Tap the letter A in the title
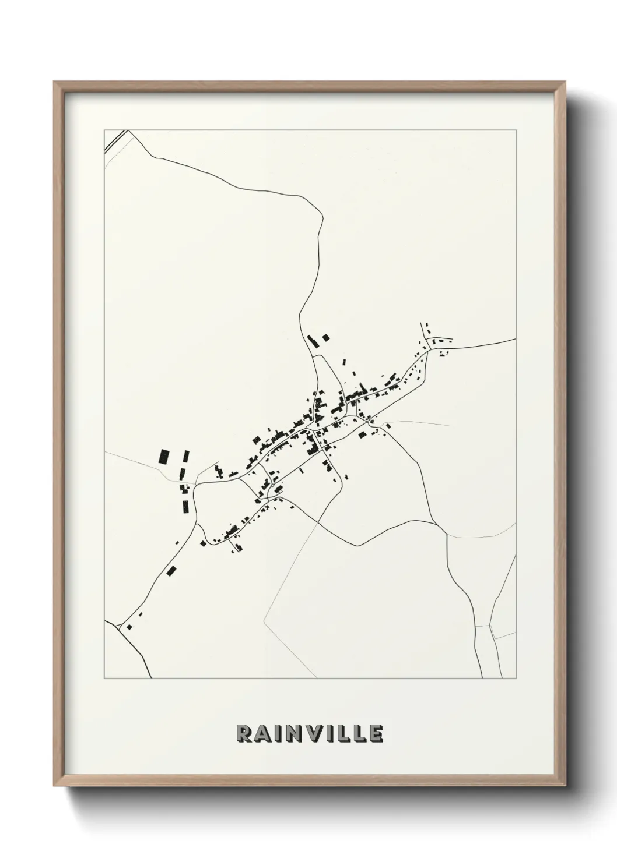point(264,734)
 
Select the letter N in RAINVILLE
point(297,734)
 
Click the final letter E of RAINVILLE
point(376,734)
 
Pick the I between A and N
point(280,734)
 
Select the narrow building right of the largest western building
point(187,456)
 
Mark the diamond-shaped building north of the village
point(325,337)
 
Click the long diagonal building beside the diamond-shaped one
point(313,341)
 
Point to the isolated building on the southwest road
point(171,570)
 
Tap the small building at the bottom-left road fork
point(129,627)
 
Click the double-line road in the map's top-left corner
point(116,142)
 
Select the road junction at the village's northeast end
point(429,349)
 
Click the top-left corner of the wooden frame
point(55,83)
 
